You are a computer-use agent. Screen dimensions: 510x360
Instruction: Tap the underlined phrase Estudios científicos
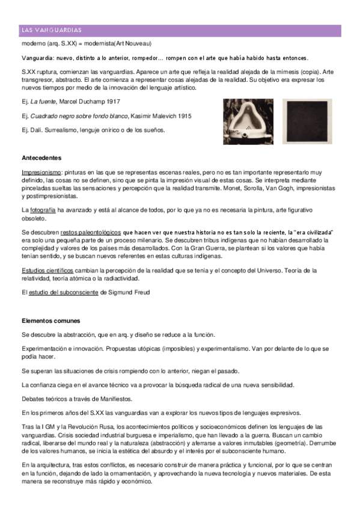click(47, 270)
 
